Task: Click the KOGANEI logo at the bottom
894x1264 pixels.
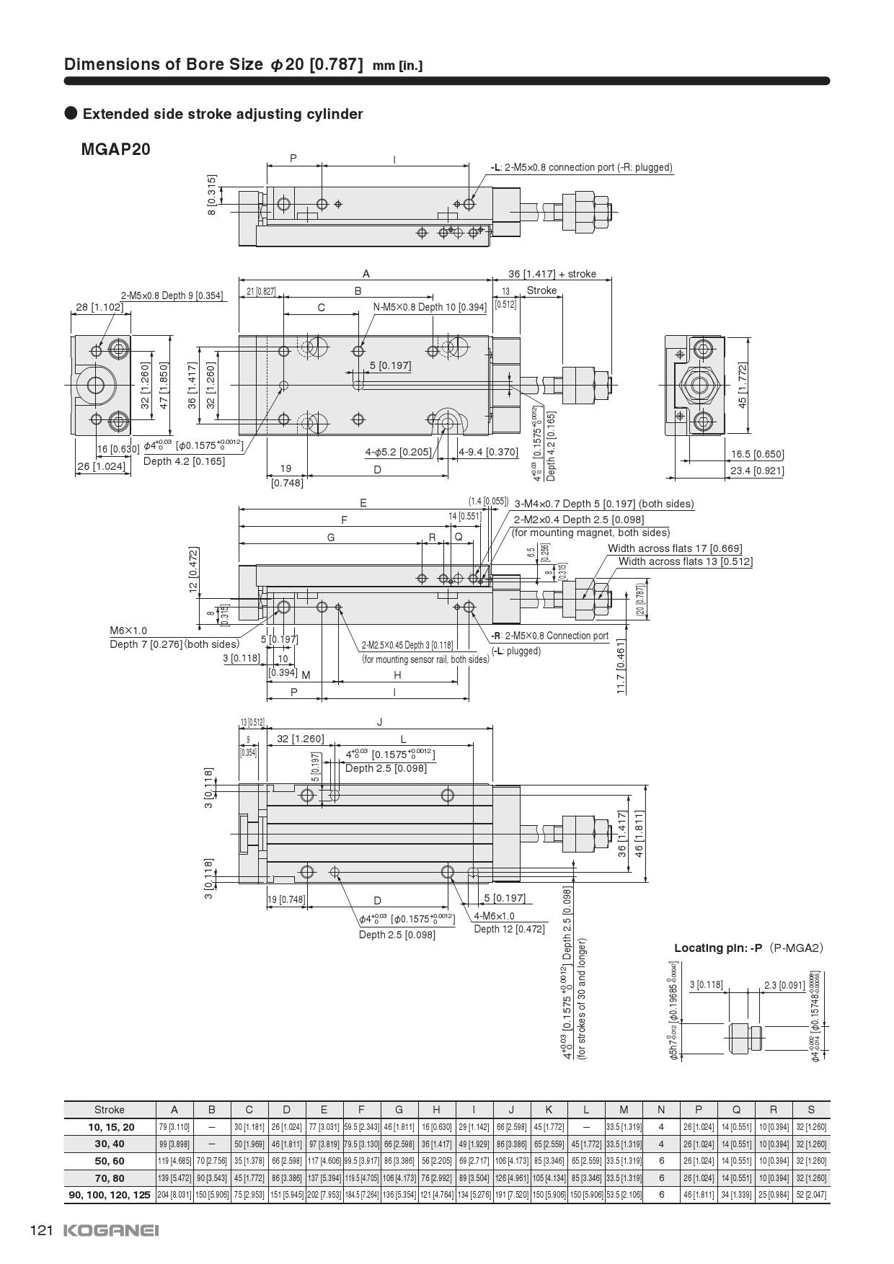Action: point(112,1230)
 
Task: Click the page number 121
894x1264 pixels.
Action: point(42,1230)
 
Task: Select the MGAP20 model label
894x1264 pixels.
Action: point(116,149)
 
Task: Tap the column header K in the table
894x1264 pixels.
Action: point(549,1110)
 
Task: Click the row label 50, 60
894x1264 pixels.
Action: point(110,1161)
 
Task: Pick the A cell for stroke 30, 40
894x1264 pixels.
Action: point(174,1144)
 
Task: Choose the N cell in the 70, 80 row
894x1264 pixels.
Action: point(661,1178)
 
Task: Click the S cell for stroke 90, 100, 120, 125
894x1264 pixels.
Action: point(811,1195)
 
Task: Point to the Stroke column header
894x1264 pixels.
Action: point(110,1110)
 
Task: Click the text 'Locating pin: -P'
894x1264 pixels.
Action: point(717,948)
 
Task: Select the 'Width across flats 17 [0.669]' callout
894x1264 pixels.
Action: point(675,548)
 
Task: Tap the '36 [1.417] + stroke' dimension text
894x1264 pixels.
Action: point(552,274)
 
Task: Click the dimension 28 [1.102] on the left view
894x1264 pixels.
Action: point(99,307)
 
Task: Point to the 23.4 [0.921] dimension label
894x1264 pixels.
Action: point(757,471)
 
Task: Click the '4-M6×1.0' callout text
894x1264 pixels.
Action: point(494,916)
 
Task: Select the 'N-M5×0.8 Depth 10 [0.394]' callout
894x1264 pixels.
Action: point(430,307)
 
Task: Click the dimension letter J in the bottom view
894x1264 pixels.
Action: point(379,722)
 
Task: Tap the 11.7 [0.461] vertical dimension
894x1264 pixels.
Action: point(621,667)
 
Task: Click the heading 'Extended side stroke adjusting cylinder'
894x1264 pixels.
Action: point(223,114)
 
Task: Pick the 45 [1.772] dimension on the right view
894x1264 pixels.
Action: point(743,386)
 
